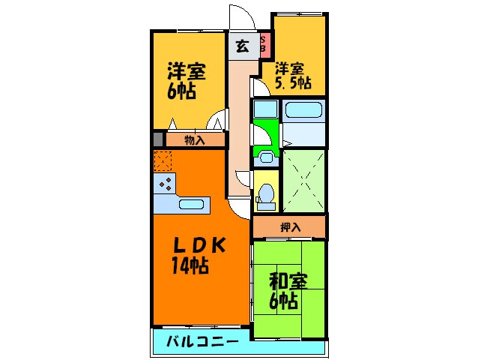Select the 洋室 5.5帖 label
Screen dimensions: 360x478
[x=292, y=74]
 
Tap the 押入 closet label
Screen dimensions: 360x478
[x=289, y=226]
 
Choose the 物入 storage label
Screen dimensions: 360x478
[x=195, y=139]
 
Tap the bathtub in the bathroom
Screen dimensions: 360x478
[x=304, y=112]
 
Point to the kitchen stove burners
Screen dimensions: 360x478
[x=165, y=184]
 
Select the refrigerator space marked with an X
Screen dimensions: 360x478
[x=163, y=160]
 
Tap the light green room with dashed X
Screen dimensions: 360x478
[x=304, y=180]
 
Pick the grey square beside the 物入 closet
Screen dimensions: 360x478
[x=158, y=139]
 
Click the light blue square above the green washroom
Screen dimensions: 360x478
[x=266, y=109]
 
